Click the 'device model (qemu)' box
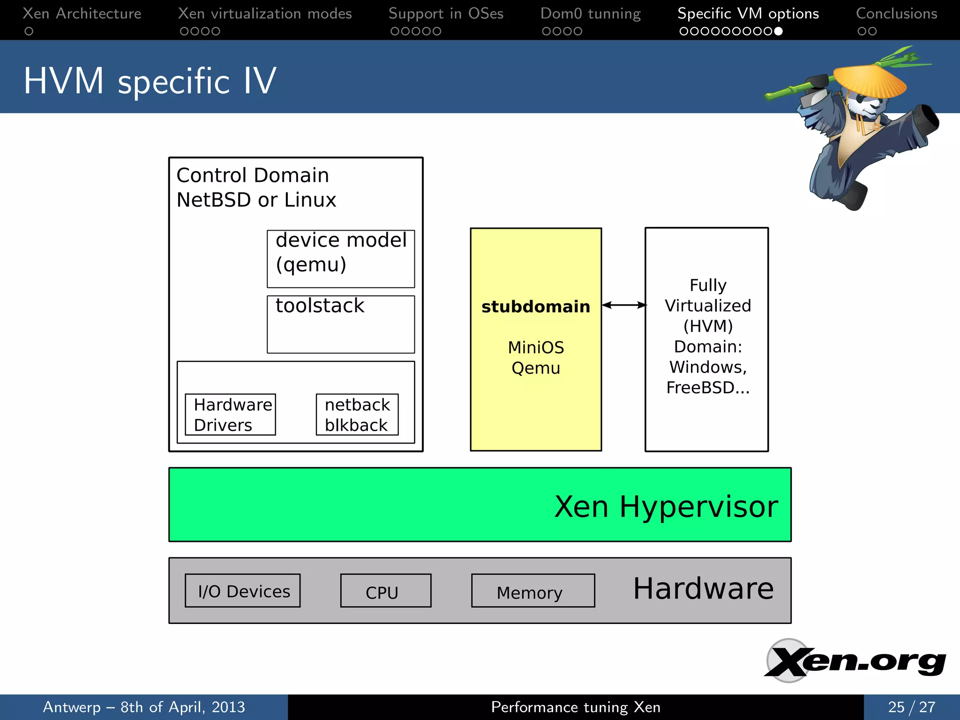[x=341, y=258]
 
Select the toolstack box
[x=341, y=324]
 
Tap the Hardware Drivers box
[x=230, y=414]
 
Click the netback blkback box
[x=357, y=414]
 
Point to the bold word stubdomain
[x=535, y=307]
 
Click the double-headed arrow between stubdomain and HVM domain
[x=623, y=305]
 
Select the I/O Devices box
[x=243, y=591]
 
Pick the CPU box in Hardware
[x=385, y=591]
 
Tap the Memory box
[x=533, y=591]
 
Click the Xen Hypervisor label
[x=666, y=506]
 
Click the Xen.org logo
[x=855, y=661]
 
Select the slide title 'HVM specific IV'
[x=150, y=81]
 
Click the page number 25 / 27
[x=911, y=707]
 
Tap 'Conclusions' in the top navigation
[x=896, y=14]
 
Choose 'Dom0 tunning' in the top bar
[x=590, y=14]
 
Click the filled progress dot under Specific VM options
[x=778, y=31]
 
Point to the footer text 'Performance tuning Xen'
[x=576, y=707]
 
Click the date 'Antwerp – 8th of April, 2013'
[x=144, y=707]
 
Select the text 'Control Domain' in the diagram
[x=253, y=175]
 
